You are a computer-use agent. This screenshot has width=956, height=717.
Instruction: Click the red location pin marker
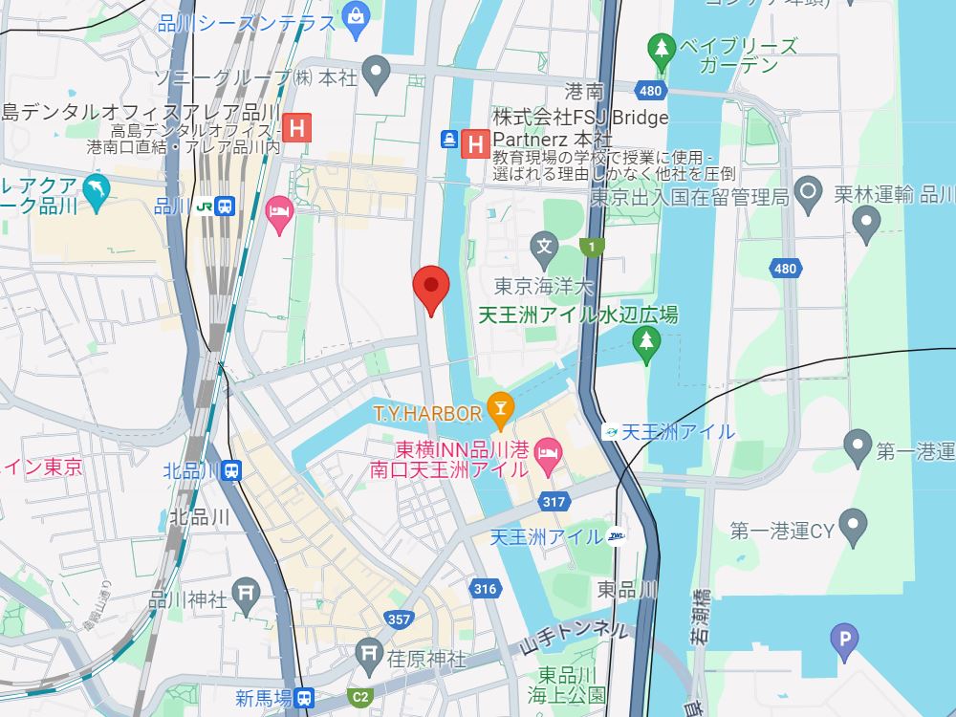[x=430, y=288]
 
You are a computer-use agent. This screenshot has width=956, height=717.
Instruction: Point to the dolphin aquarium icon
[x=95, y=191]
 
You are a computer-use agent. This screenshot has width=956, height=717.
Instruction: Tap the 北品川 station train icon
[x=232, y=470]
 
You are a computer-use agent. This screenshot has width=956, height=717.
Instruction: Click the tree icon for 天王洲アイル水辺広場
[x=647, y=342]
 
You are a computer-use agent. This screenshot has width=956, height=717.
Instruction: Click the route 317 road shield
[x=554, y=501]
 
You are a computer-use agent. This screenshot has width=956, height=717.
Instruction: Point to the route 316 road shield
[x=485, y=589]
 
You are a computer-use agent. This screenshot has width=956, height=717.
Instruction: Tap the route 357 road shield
[x=400, y=619]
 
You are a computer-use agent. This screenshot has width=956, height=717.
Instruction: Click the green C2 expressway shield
[x=360, y=697]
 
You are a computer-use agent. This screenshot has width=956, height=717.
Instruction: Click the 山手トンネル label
[x=574, y=633]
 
